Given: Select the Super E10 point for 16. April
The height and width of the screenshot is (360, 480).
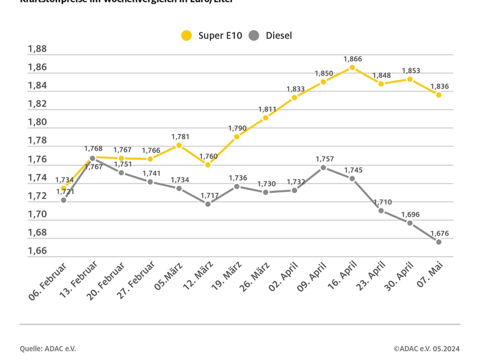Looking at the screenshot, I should click(x=352, y=67).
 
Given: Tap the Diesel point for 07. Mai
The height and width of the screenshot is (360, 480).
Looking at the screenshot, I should click(x=439, y=242).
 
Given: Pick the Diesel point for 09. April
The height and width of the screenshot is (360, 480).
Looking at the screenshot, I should click(x=323, y=167).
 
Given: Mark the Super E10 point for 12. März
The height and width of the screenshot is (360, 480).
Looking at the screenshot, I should click(x=208, y=164).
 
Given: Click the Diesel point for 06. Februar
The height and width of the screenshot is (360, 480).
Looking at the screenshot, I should click(x=64, y=200).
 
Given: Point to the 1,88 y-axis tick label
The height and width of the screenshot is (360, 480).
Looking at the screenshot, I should click(x=37, y=49).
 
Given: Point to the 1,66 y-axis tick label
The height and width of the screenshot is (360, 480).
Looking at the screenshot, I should click(x=37, y=251).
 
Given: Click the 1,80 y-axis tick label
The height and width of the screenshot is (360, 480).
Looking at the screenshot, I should click(x=37, y=122).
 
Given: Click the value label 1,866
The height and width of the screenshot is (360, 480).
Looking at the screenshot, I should click(x=353, y=59).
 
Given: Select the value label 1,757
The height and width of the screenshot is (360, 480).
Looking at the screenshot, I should click(x=324, y=158).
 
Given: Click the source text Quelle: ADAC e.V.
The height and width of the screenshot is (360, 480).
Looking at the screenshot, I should click(x=48, y=349).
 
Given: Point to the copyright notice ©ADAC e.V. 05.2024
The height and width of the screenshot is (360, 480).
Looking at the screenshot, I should click(x=427, y=349).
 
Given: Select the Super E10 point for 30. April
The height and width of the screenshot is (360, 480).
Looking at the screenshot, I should click(x=410, y=79).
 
